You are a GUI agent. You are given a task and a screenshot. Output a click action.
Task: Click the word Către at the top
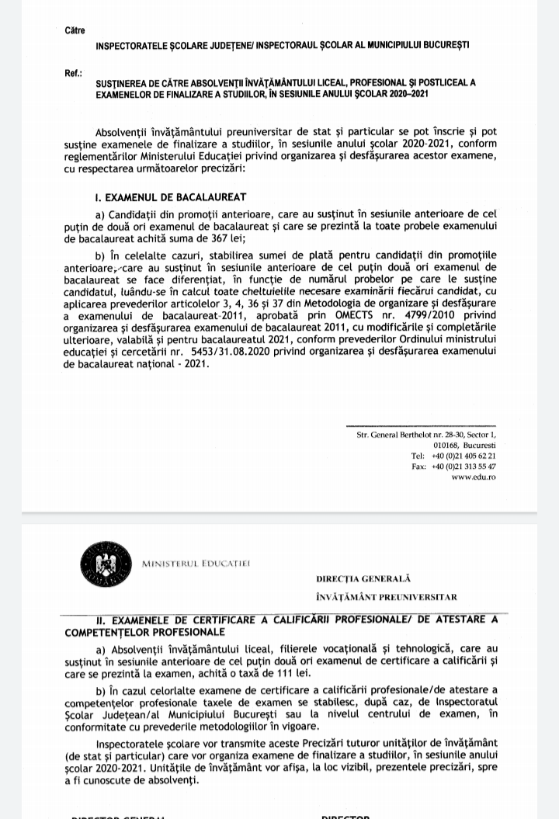click(x=75, y=30)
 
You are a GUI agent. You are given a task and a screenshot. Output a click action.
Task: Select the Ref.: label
click(x=74, y=74)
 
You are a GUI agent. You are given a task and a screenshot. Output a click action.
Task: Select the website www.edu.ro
click(x=473, y=477)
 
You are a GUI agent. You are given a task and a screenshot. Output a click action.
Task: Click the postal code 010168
click(x=446, y=446)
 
